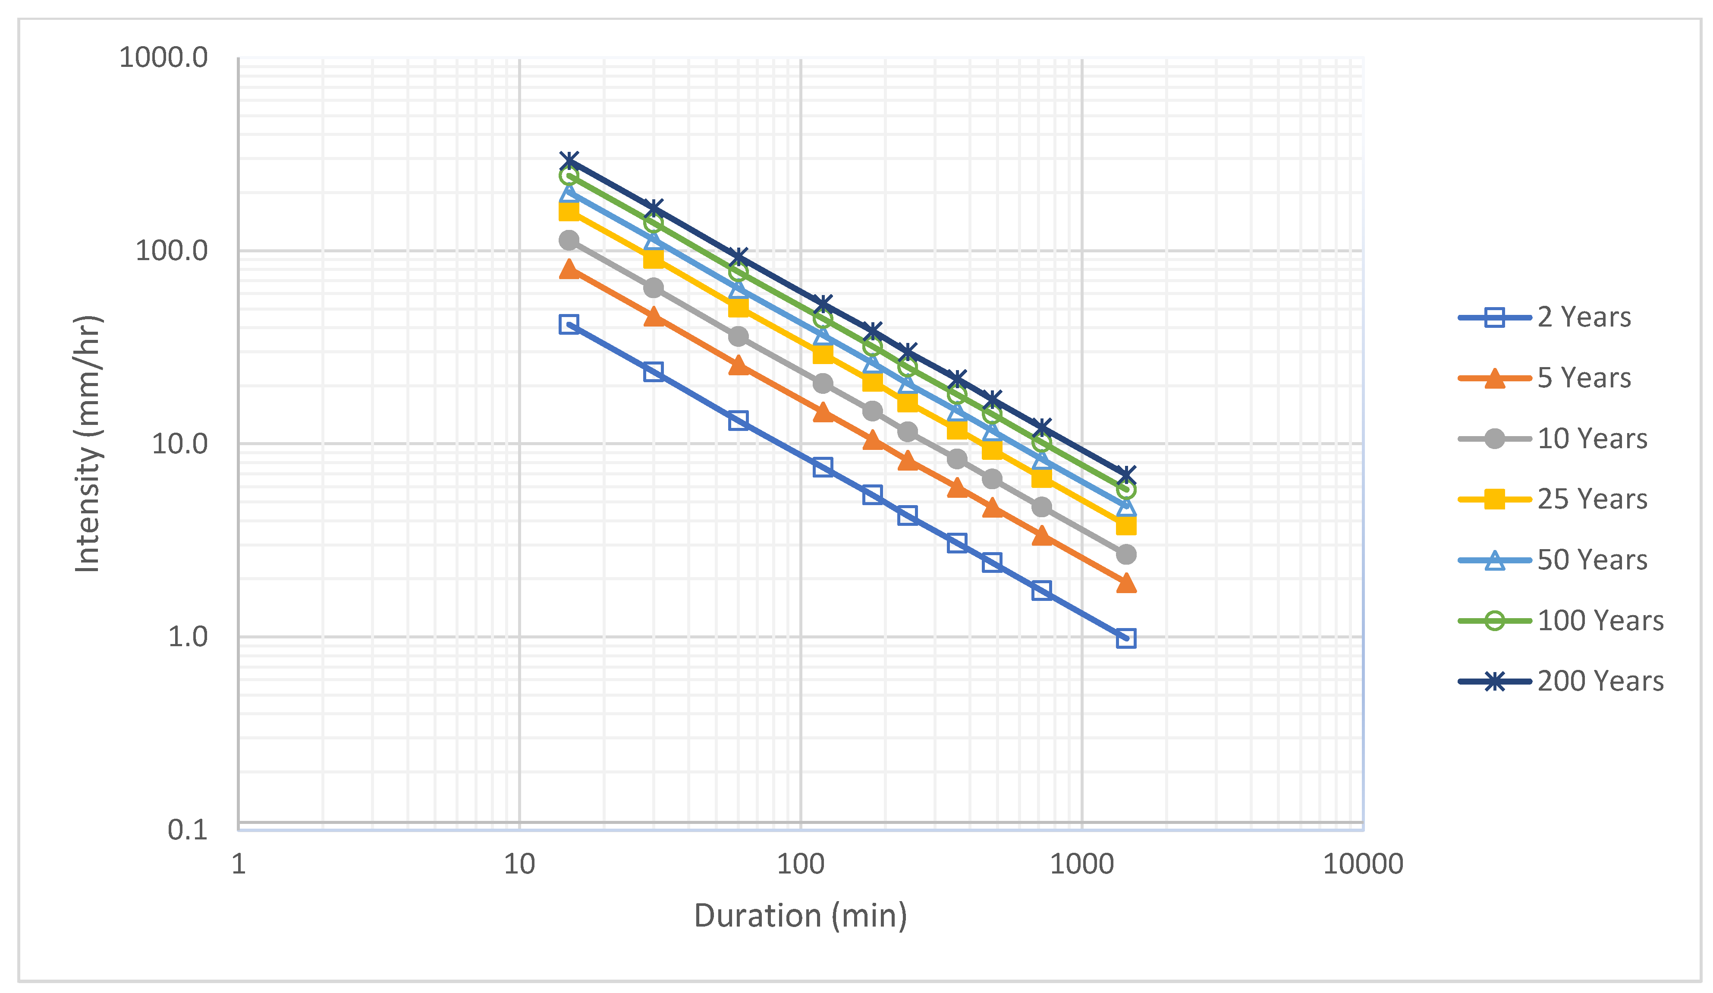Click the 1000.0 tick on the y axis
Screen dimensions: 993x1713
coord(163,58)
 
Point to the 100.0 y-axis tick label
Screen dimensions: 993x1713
coord(171,251)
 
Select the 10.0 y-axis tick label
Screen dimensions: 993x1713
coord(179,444)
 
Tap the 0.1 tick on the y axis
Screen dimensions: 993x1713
coord(188,830)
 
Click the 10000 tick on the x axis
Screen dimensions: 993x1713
coord(1363,864)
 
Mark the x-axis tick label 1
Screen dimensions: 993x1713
coord(239,864)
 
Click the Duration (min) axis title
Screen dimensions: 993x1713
coord(801,916)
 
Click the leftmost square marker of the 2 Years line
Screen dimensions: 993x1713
coord(569,324)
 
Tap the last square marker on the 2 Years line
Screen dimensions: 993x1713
coord(1126,638)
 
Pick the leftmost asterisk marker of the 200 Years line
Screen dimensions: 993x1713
coord(569,161)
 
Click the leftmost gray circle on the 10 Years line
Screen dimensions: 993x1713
coord(569,240)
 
